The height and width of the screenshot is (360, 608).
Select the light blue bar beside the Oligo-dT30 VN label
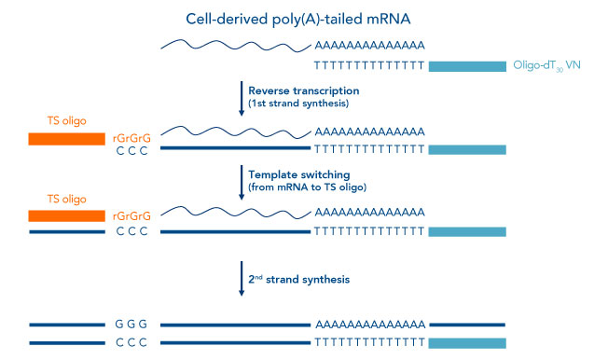pyautogui.click(x=466, y=66)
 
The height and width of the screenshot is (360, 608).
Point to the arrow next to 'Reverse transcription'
pyautogui.click(x=241, y=98)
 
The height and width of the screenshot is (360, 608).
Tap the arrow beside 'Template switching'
pyautogui.click(x=241, y=181)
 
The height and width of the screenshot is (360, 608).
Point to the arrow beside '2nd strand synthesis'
pyautogui.click(x=241, y=278)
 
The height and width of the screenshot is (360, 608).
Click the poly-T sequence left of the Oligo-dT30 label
pyautogui.click(x=370, y=66)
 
